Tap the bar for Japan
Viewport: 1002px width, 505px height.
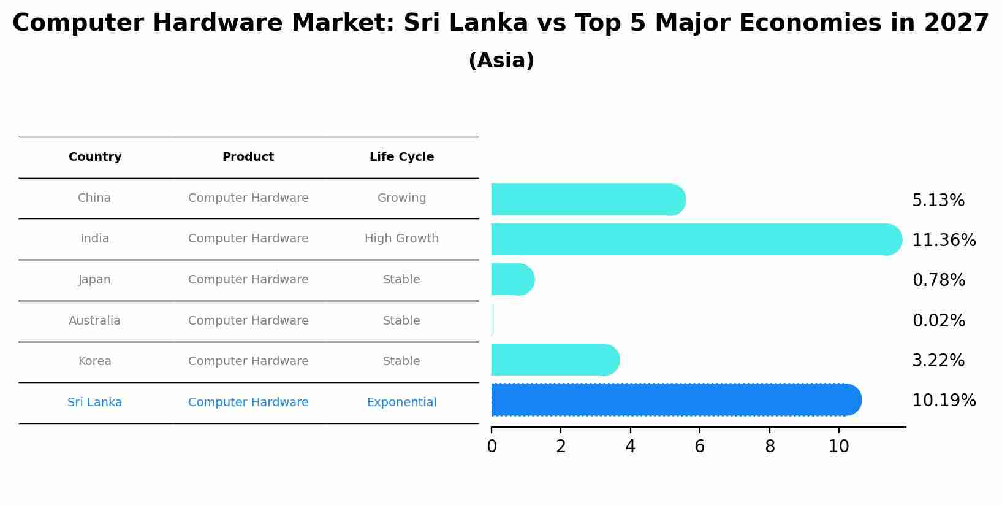tap(512, 280)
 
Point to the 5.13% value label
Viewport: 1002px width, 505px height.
tap(938, 201)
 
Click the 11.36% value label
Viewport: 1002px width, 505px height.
tap(943, 241)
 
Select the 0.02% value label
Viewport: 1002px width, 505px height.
tap(938, 321)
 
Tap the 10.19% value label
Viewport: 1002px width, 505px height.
tap(943, 401)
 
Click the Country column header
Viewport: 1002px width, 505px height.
tap(95, 157)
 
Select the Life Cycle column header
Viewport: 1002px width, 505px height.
tap(401, 157)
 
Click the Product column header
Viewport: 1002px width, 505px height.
tap(248, 157)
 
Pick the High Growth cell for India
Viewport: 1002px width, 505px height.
tap(401, 239)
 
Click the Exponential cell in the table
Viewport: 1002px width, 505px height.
tap(401, 403)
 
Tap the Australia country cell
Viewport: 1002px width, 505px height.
tap(94, 321)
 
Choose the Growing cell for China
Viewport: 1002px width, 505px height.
tap(401, 198)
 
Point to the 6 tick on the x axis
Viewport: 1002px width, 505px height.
tap(699, 447)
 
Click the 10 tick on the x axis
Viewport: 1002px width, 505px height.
tap(838, 447)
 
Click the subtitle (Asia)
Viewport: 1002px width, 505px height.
tap(501, 61)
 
